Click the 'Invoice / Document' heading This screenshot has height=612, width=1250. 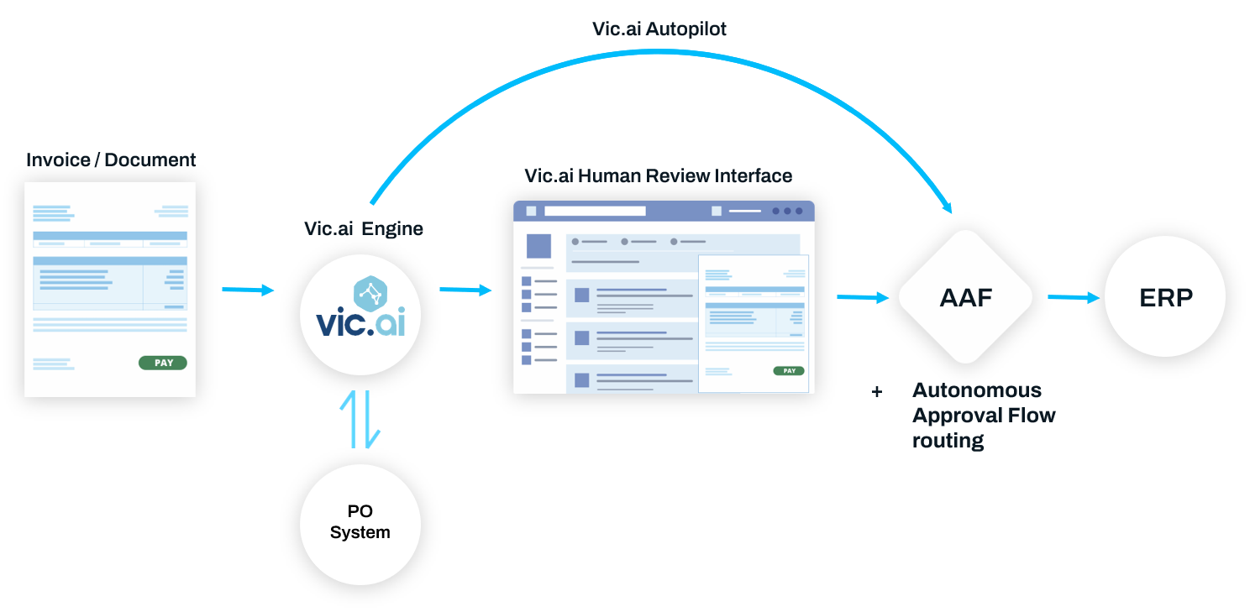coord(111,160)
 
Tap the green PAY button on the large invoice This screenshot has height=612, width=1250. coord(163,363)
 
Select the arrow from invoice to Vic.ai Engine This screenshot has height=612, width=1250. coord(248,290)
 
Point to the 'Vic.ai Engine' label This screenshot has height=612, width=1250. coord(363,228)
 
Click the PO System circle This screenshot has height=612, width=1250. coord(360,524)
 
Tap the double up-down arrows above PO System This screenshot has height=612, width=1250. coord(360,419)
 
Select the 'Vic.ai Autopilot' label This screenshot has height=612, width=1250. coord(659,29)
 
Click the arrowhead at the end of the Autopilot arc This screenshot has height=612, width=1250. coord(947,207)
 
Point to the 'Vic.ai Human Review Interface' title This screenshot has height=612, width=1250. coord(659,175)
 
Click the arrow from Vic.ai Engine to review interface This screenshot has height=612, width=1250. coord(465,290)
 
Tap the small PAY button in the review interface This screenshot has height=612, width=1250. coord(789,370)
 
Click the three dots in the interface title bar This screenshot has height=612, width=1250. coord(787,211)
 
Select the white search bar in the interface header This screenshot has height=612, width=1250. coord(595,211)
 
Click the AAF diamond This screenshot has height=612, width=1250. coord(965,297)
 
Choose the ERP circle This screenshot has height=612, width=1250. coord(1165,296)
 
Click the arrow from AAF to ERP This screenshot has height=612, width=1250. coord(1074,297)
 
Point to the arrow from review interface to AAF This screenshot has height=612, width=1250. coord(863,297)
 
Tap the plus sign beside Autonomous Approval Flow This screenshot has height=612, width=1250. coord(877,392)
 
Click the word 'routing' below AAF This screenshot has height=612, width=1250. coord(948,441)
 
